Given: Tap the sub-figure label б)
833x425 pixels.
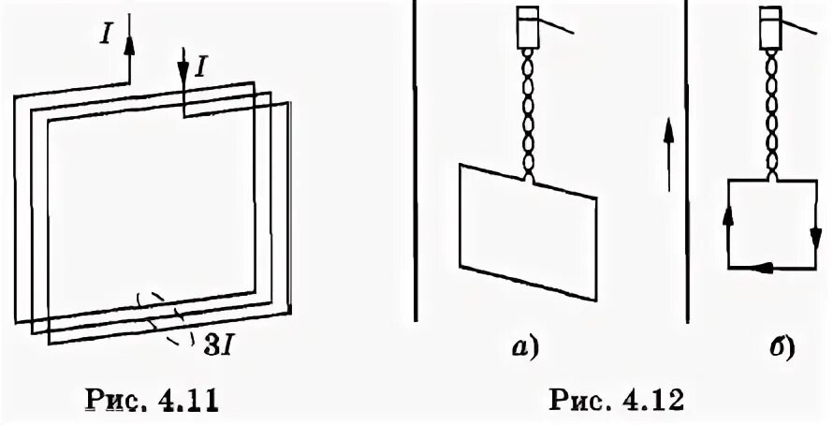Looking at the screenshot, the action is point(779,350).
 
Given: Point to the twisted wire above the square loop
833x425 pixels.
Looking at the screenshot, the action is point(773,116).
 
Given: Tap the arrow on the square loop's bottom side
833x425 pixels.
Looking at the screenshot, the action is point(767,269).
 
